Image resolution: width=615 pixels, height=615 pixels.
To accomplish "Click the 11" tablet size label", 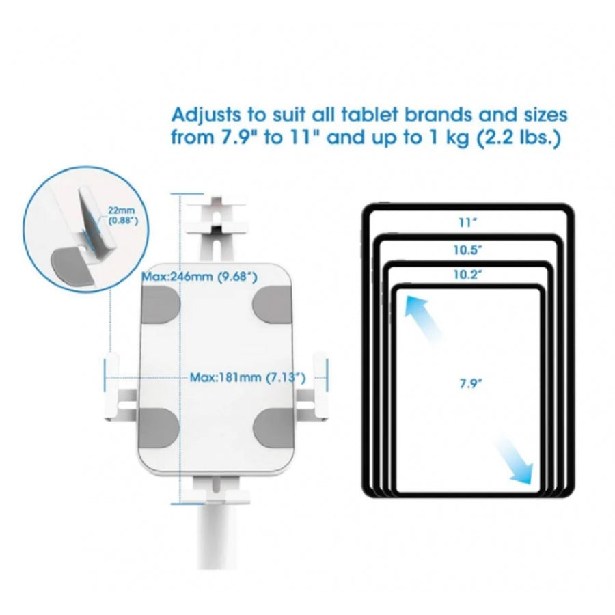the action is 468,222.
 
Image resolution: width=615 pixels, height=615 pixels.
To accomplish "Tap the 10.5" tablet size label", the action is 468,250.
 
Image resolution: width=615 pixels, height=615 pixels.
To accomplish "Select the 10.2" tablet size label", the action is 468,275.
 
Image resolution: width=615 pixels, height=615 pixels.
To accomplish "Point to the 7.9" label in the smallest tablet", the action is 470,383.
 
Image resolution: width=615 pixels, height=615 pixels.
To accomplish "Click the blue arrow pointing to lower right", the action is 515,463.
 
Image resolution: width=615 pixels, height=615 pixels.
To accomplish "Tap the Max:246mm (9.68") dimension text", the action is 200,277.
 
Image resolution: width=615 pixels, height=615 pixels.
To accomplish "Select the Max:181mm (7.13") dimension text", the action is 247,378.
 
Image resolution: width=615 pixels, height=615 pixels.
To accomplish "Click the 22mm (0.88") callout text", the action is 123,216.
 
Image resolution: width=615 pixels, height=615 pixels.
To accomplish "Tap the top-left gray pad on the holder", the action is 160,305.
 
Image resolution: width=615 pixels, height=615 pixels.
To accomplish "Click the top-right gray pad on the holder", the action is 272,305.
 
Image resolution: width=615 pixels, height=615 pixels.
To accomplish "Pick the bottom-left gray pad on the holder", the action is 159,428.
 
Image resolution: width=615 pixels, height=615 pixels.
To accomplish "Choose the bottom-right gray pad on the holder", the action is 273,428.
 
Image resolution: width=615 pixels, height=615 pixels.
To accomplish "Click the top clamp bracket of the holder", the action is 216,228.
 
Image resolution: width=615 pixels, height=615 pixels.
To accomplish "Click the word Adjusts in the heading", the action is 206,116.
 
